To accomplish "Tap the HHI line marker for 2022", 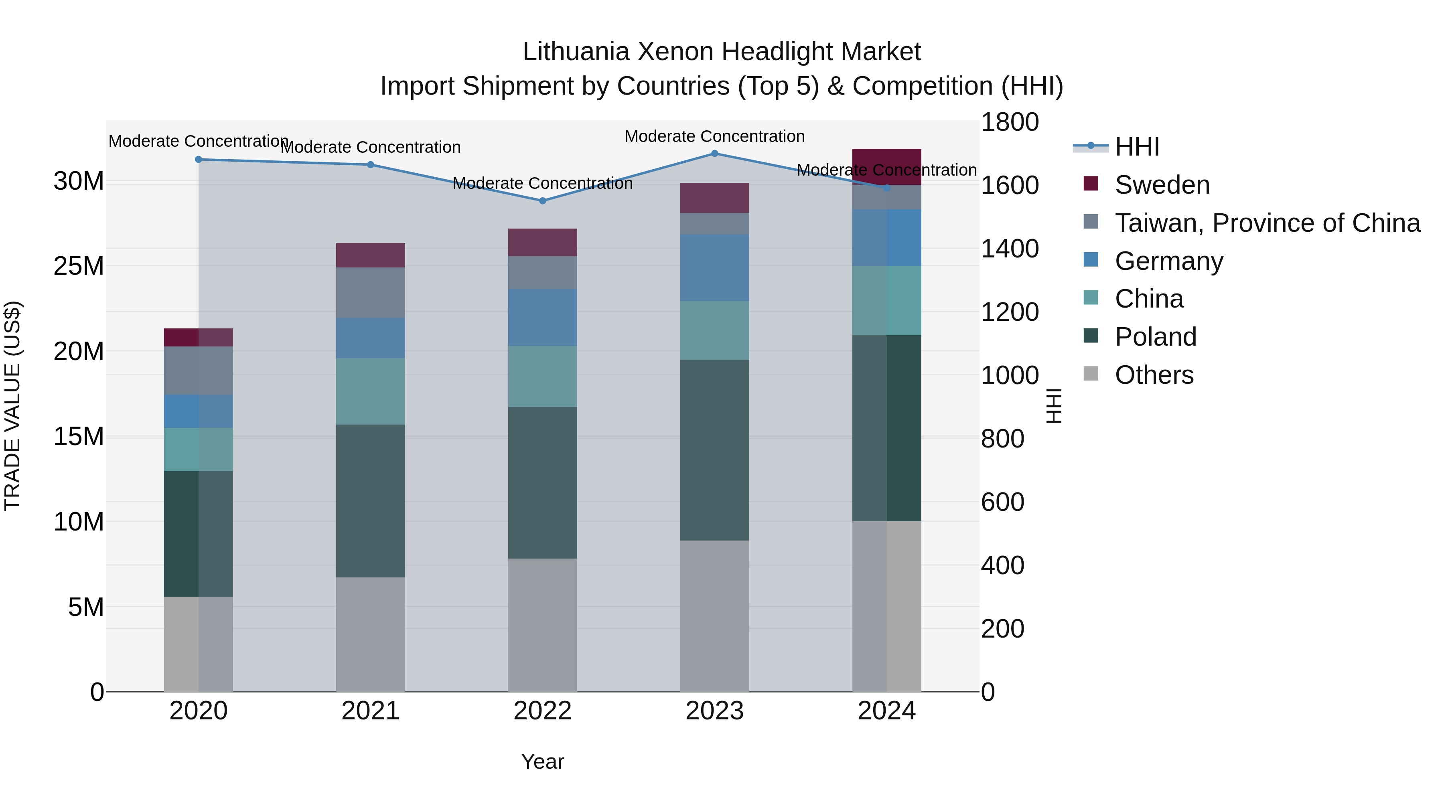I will [x=542, y=200].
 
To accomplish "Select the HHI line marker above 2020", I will [x=199, y=159].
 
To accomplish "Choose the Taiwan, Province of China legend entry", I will [x=1267, y=223].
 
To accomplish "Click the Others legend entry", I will [x=1154, y=375].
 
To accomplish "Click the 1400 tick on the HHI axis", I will [x=1010, y=249].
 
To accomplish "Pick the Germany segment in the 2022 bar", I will [x=542, y=317].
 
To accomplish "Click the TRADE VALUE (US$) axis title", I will [x=12, y=406].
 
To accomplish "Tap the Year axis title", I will [x=542, y=761].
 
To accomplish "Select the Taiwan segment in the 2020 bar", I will [x=199, y=371].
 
